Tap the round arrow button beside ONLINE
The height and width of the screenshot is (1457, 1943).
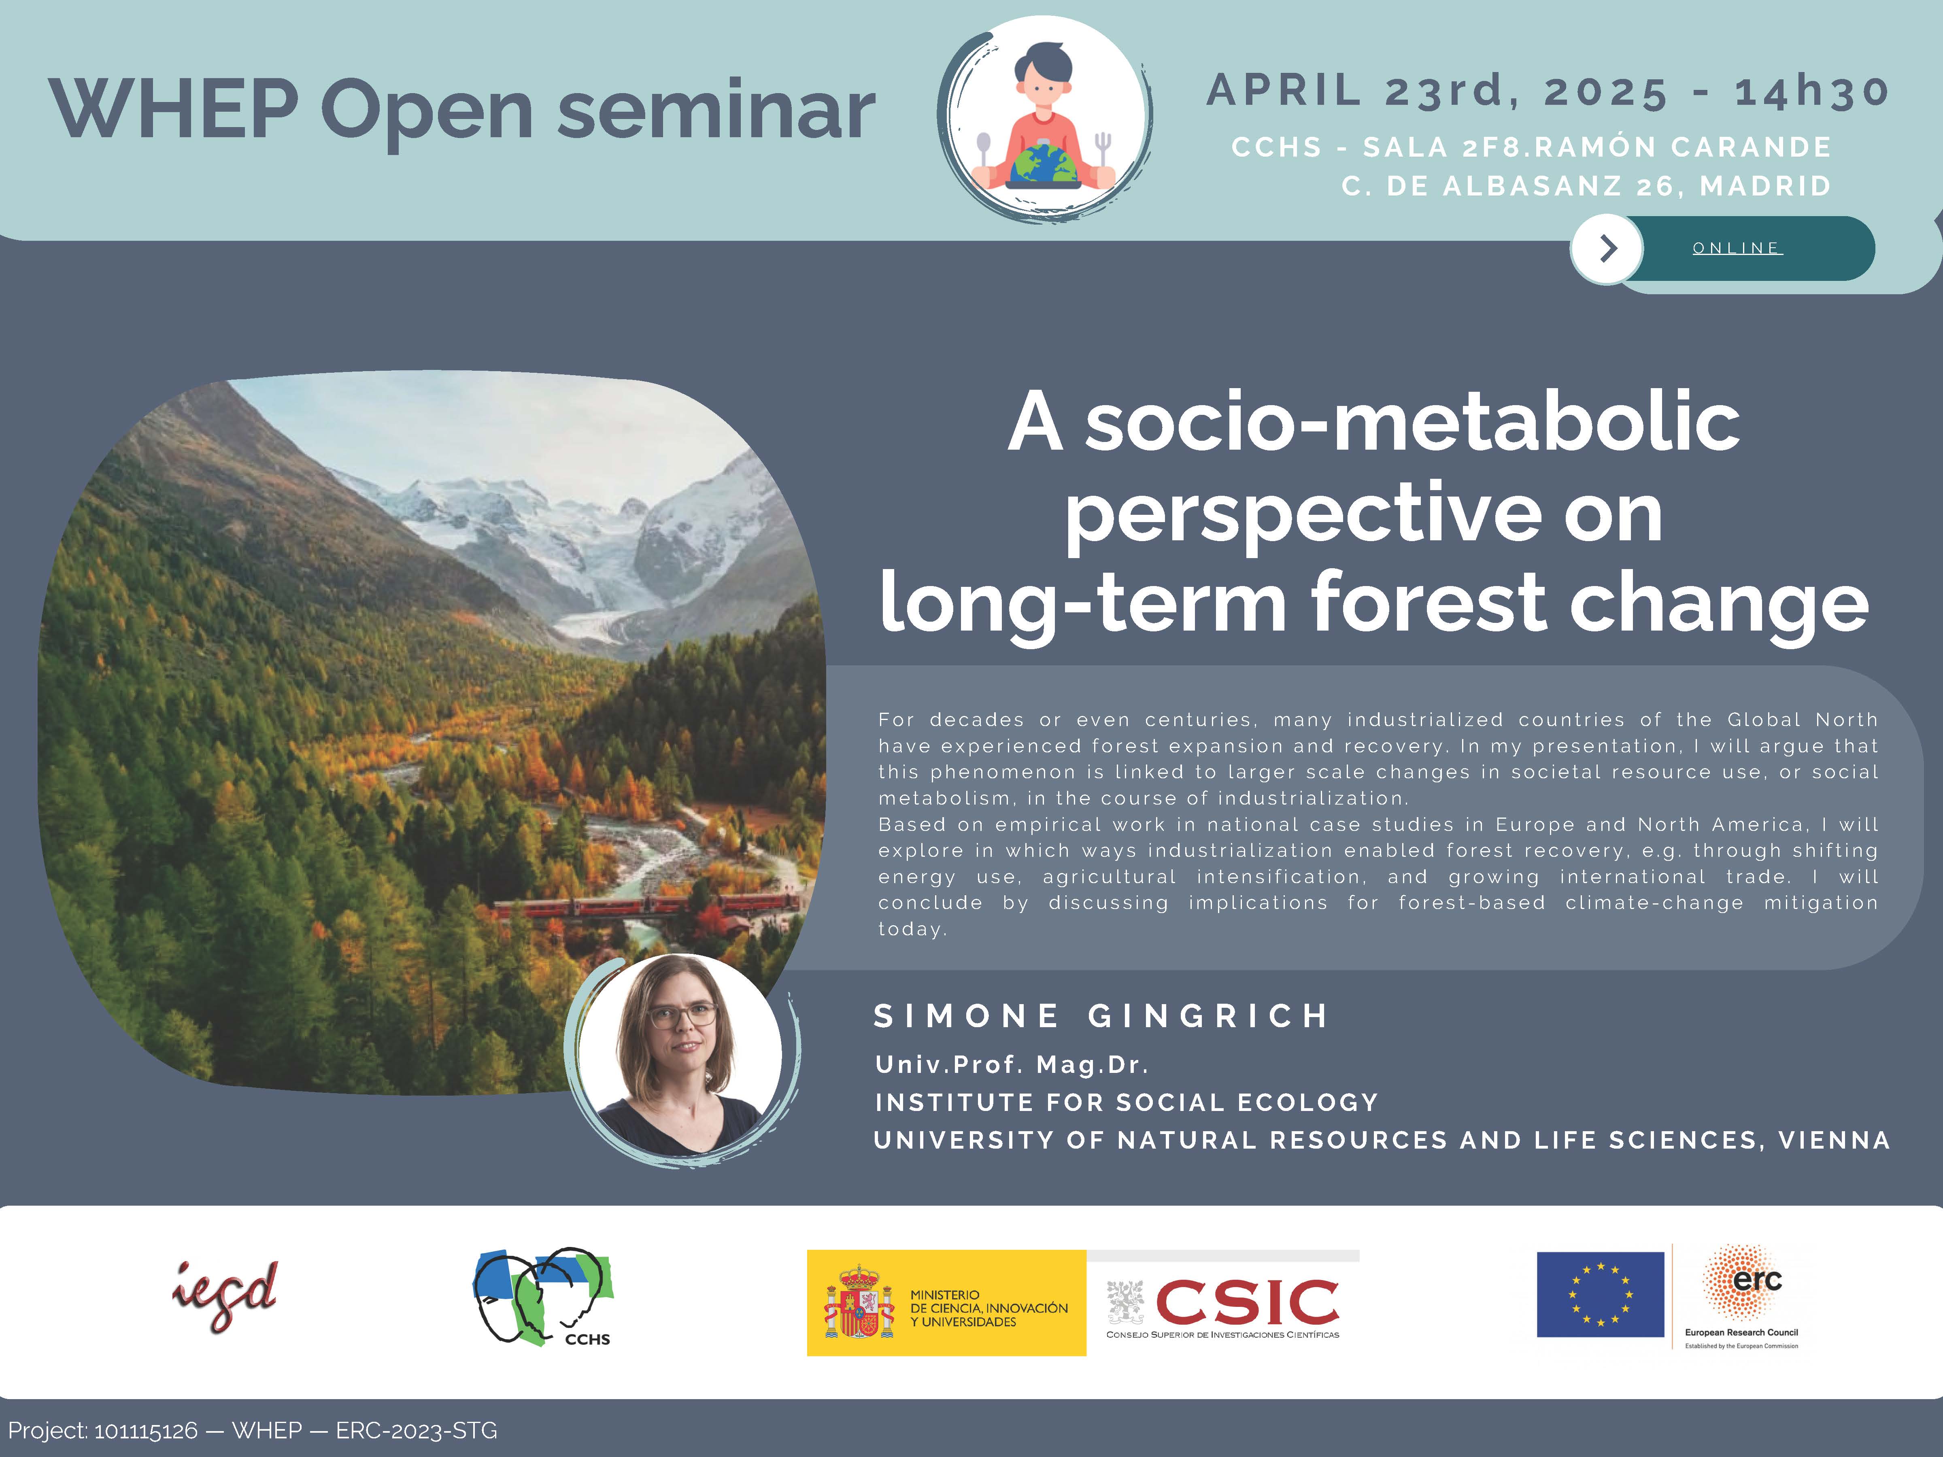click(1607, 249)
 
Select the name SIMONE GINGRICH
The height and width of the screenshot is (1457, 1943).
click(1101, 1016)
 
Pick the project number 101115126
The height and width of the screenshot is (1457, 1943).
click(146, 1431)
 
